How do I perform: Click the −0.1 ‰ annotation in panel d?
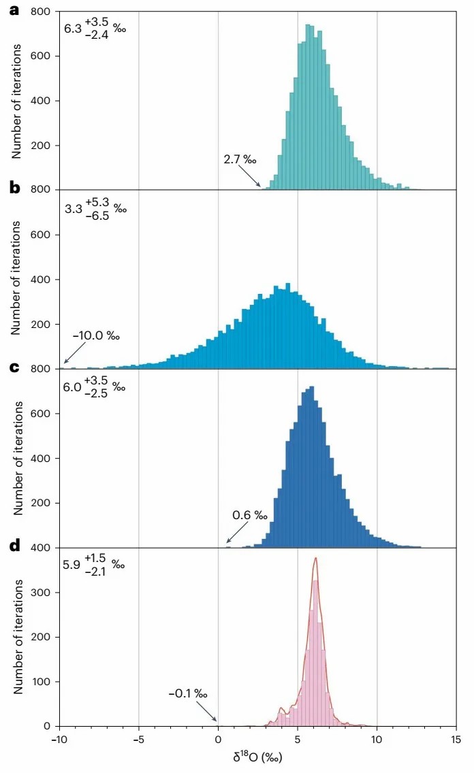(188, 694)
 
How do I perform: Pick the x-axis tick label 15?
(456, 739)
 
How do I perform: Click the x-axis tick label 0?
(218, 739)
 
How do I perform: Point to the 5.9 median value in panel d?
(72, 565)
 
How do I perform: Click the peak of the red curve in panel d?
(315, 559)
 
